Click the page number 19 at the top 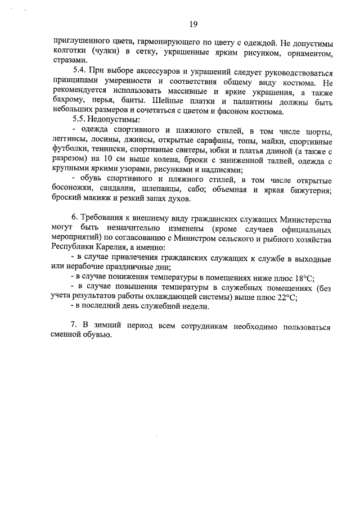tap(192, 24)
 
